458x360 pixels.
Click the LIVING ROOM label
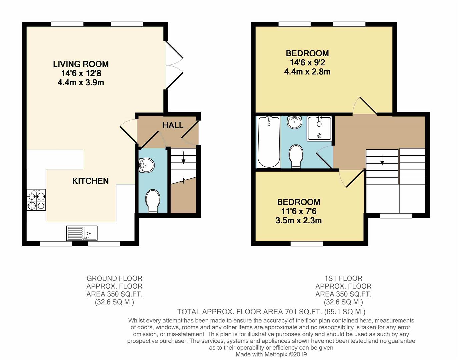click(x=81, y=64)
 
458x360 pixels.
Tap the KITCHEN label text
click(x=90, y=181)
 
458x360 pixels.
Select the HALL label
click(x=173, y=125)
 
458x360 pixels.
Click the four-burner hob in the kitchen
click(x=36, y=200)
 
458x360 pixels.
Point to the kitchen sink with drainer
click(x=82, y=233)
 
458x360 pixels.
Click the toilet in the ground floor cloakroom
click(x=153, y=201)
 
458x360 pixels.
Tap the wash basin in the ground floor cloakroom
click(x=147, y=165)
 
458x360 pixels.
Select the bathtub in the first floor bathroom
click(x=269, y=142)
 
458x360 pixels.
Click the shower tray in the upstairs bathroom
click(x=319, y=128)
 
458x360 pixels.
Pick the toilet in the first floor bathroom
click(x=296, y=156)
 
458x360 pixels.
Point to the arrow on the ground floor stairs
click(x=183, y=158)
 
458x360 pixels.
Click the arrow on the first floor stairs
click(x=382, y=159)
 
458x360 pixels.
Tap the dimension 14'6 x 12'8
click(x=81, y=73)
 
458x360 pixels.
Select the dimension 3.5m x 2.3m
click(x=298, y=220)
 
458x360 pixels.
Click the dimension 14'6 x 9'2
click(x=307, y=62)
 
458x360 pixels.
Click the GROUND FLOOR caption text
click(x=114, y=278)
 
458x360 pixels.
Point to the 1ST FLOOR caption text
click(x=343, y=278)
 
